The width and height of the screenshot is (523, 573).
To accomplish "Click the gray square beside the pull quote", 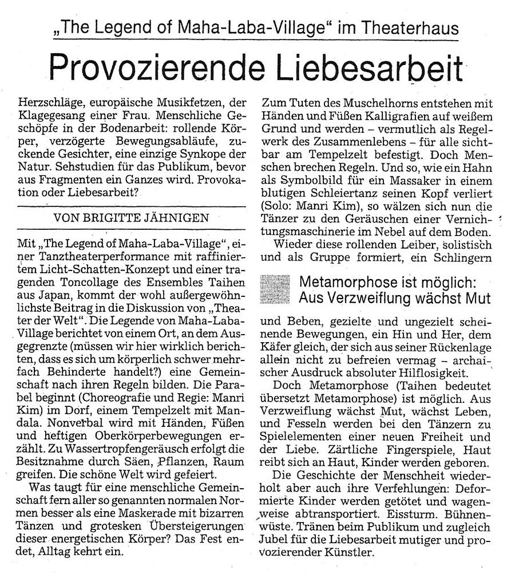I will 276,289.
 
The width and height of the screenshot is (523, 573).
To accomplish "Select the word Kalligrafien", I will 374,117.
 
